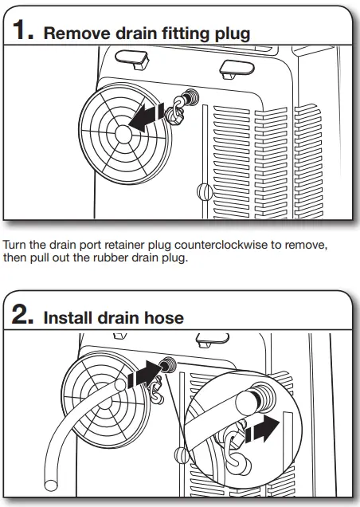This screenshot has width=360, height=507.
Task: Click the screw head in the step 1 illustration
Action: coord(202,192)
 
